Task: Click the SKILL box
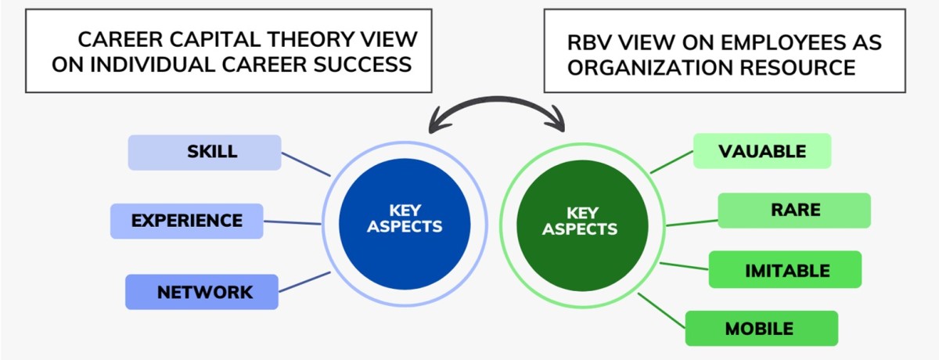point(204,152)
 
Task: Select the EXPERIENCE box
point(186,221)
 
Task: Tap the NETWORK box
point(202,292)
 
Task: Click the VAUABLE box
point(762,151)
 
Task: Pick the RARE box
point(794,211)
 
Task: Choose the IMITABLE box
point(785,270)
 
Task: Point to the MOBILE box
point(761,329)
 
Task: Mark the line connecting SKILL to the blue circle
point(306,164)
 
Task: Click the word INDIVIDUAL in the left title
point(171,64)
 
